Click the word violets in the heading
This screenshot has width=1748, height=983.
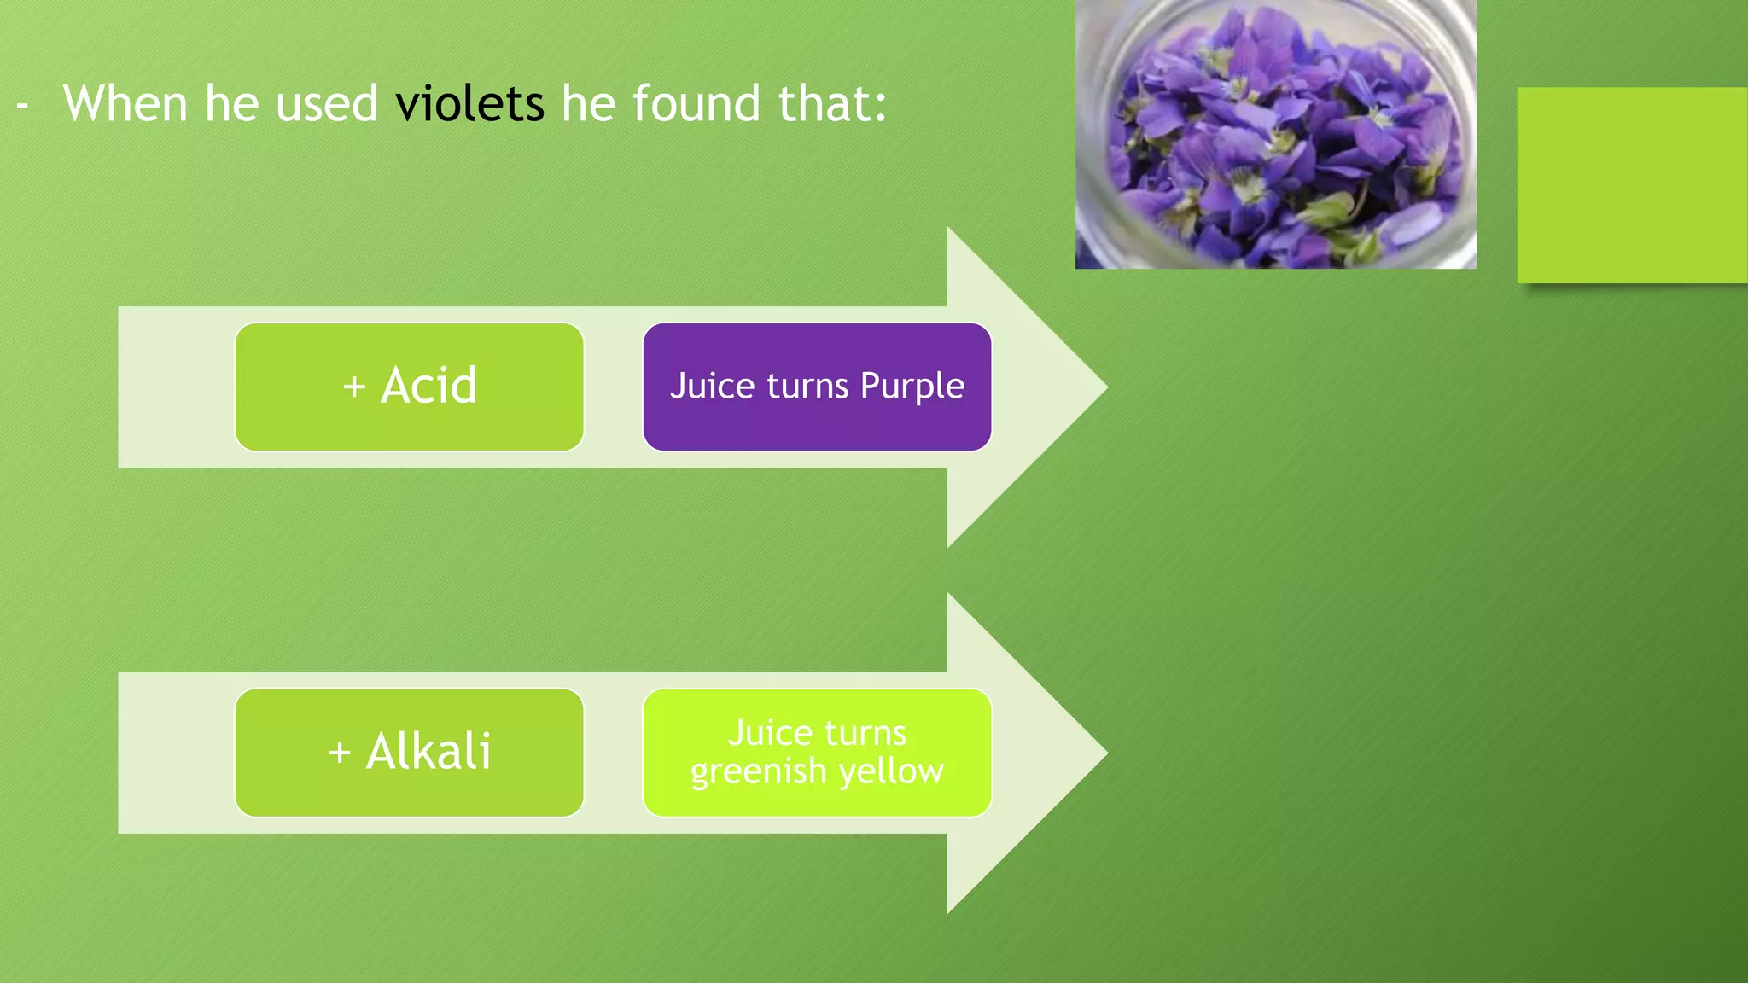pos(469,104)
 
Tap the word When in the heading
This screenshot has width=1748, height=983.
pos(125,104)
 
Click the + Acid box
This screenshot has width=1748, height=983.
pos(409,387)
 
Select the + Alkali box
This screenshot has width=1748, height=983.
pos(409,753)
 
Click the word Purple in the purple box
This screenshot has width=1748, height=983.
pos(912,387)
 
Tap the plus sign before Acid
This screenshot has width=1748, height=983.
pos(354,387)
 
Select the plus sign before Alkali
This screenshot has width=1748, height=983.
pos(340,753)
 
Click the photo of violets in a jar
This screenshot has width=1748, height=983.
pos(1275,134)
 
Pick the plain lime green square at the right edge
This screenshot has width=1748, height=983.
pos(1632,185)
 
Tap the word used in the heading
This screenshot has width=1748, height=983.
pos(327,104)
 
